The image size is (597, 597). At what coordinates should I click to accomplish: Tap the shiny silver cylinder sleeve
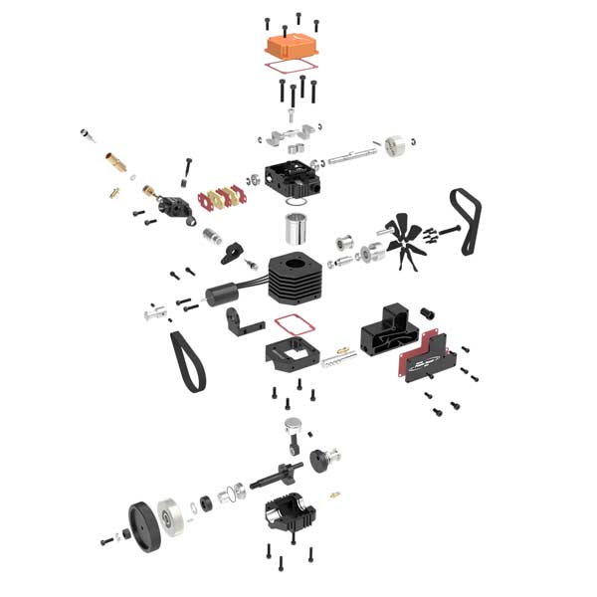[x=297, y=228]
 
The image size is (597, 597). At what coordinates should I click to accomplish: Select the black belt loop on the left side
[x=188, y=359]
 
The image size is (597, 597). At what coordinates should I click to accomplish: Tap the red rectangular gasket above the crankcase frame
[x=291, y=325]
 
